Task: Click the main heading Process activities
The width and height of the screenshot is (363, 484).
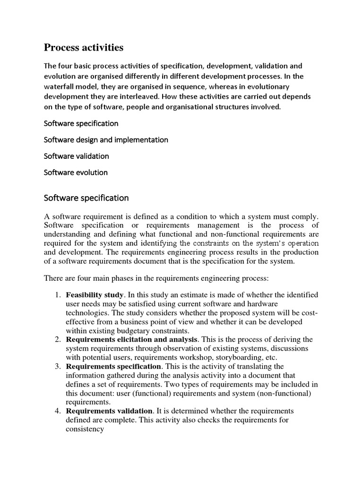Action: coord(84,48)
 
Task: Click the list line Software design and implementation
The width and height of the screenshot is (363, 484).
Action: coord(106,140)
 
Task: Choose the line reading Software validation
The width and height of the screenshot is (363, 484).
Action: coord(76,156)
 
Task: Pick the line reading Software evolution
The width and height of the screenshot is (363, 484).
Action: coord(76,173)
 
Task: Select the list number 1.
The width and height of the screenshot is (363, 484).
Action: coord(58,295)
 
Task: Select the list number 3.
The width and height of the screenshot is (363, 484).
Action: coord(58,366)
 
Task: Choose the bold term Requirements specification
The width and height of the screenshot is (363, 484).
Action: coord(113,366)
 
